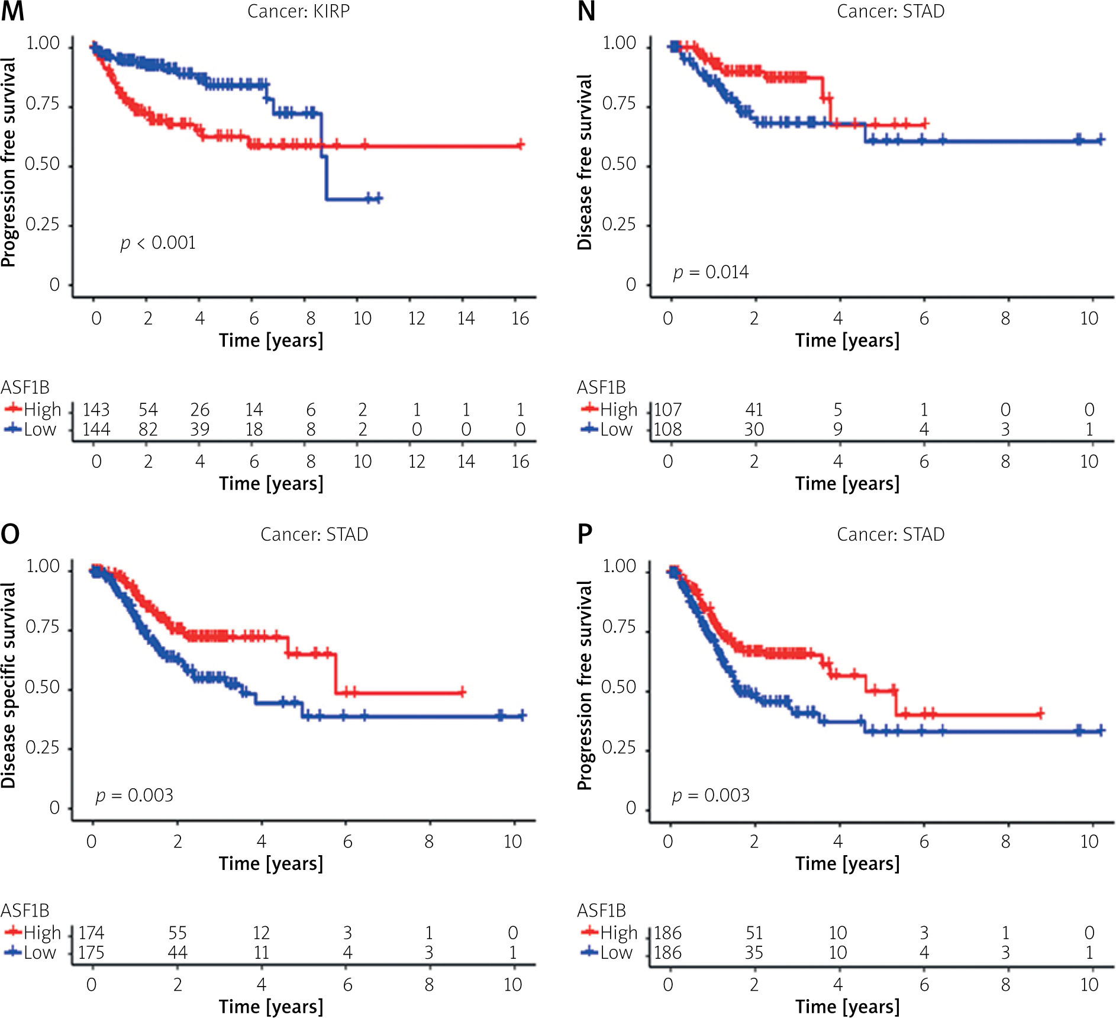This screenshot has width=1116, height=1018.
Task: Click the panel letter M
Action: [12, 12]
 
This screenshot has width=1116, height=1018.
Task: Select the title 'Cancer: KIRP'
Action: [298, 12]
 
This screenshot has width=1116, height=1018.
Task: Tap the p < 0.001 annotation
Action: [158, 243]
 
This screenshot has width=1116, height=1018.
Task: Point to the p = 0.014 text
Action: [711, 272]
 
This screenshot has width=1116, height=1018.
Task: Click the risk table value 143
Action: [96, 410]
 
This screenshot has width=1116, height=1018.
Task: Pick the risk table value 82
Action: [148, 429]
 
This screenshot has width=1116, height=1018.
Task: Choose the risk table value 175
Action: [91, 952]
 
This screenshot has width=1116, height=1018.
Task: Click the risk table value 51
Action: [754, 933]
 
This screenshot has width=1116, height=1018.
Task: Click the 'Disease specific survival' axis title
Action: [9, 685]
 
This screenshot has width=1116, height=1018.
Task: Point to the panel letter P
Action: [585, 534]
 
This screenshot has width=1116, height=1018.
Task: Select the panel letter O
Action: [10, 534]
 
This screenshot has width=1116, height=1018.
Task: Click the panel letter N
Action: [586, 12]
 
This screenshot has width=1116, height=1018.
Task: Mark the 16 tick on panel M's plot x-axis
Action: [520, 319]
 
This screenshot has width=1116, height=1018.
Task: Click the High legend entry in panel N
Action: [609, 409]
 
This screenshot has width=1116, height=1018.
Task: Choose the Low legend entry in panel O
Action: [31, 952]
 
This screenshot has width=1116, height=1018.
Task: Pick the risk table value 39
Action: [200, 429]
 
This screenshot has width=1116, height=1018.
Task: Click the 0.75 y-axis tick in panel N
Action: [619, 104]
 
